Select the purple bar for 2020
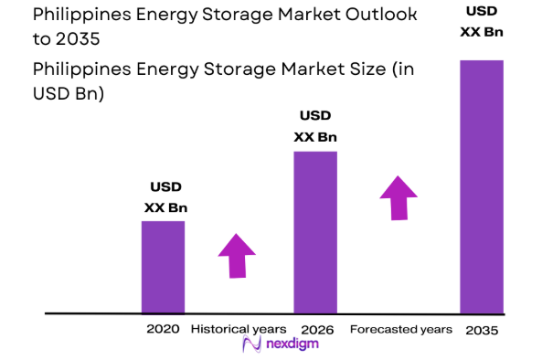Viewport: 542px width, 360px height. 163,267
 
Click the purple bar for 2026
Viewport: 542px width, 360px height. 315,232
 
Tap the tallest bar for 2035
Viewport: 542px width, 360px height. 481,186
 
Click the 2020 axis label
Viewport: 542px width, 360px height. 163,329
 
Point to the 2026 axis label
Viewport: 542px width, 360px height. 315,329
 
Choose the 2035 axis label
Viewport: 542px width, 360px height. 481,330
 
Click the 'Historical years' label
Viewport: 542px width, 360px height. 239,329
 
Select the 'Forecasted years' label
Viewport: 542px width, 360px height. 401,329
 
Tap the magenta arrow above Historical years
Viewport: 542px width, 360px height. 237,255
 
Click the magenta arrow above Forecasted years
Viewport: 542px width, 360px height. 399,197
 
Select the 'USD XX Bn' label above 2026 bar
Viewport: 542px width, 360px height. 315,126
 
